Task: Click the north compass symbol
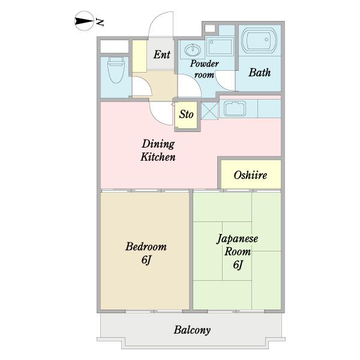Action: click(x=84, y=21)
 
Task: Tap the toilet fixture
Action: click(x=116, y=70)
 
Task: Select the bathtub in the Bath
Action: click(x=259, y=40)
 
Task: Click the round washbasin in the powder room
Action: click(x=193, y=50)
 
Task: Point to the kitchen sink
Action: click(x=235, y=109)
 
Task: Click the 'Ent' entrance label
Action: click(x=162, y=55)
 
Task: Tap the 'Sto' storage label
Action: click(x=186, y=115)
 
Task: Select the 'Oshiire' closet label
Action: click(x=250, y=175)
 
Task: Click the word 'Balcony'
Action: click(x=192, y=330)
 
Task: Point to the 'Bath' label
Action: click(x=260, y=73)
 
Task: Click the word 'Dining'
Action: click(x=158, y=144)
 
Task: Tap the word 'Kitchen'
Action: click(x=158, y=157)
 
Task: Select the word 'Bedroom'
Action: click(x=146, y=247)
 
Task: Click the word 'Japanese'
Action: click(x=238, y=239)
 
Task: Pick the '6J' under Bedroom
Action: click(x=146, y=260)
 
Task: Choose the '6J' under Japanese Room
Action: click(x=238, y=265)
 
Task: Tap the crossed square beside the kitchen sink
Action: click(x=210, y=110)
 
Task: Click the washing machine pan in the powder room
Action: click(x=220, y=46)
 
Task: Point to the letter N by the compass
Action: click(x=100, y=22)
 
